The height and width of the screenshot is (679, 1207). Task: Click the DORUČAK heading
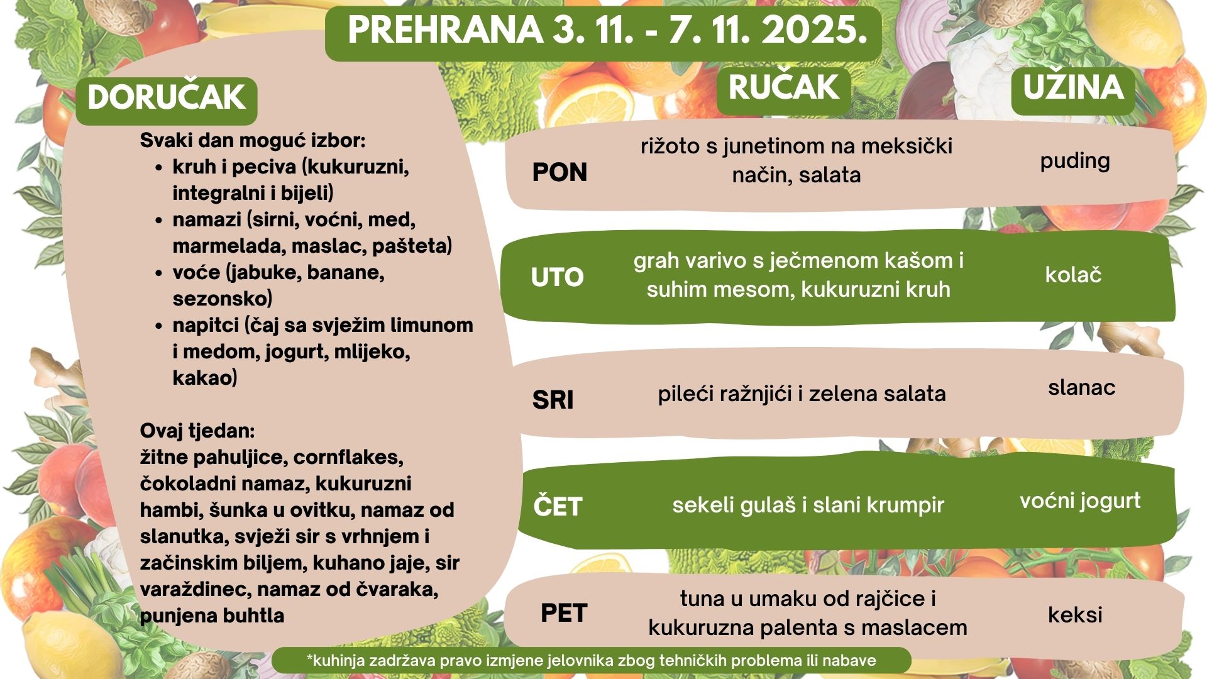[167, 97]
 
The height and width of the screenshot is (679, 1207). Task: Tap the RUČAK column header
[783, 87]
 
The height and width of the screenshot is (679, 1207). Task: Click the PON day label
[559, 172]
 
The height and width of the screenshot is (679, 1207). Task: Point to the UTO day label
[557, 277]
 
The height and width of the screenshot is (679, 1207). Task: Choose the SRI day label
[553, 400]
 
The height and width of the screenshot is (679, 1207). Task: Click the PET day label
[564, 613]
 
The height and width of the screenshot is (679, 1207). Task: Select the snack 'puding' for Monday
[1075, 162]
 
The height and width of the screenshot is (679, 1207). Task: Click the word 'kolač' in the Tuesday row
[1073, 275]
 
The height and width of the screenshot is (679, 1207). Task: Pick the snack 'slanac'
[1081, 387]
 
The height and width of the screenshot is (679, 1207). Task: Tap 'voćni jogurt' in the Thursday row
[1080, 502]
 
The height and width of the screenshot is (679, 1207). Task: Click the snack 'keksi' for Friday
[1075, 614]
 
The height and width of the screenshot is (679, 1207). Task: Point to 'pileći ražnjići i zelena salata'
[802, 394]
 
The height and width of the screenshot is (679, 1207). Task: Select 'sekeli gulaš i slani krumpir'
[808, 505]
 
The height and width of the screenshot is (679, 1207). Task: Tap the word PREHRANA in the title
[446, 30]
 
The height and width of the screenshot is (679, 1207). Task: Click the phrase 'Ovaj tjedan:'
[197, 431]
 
